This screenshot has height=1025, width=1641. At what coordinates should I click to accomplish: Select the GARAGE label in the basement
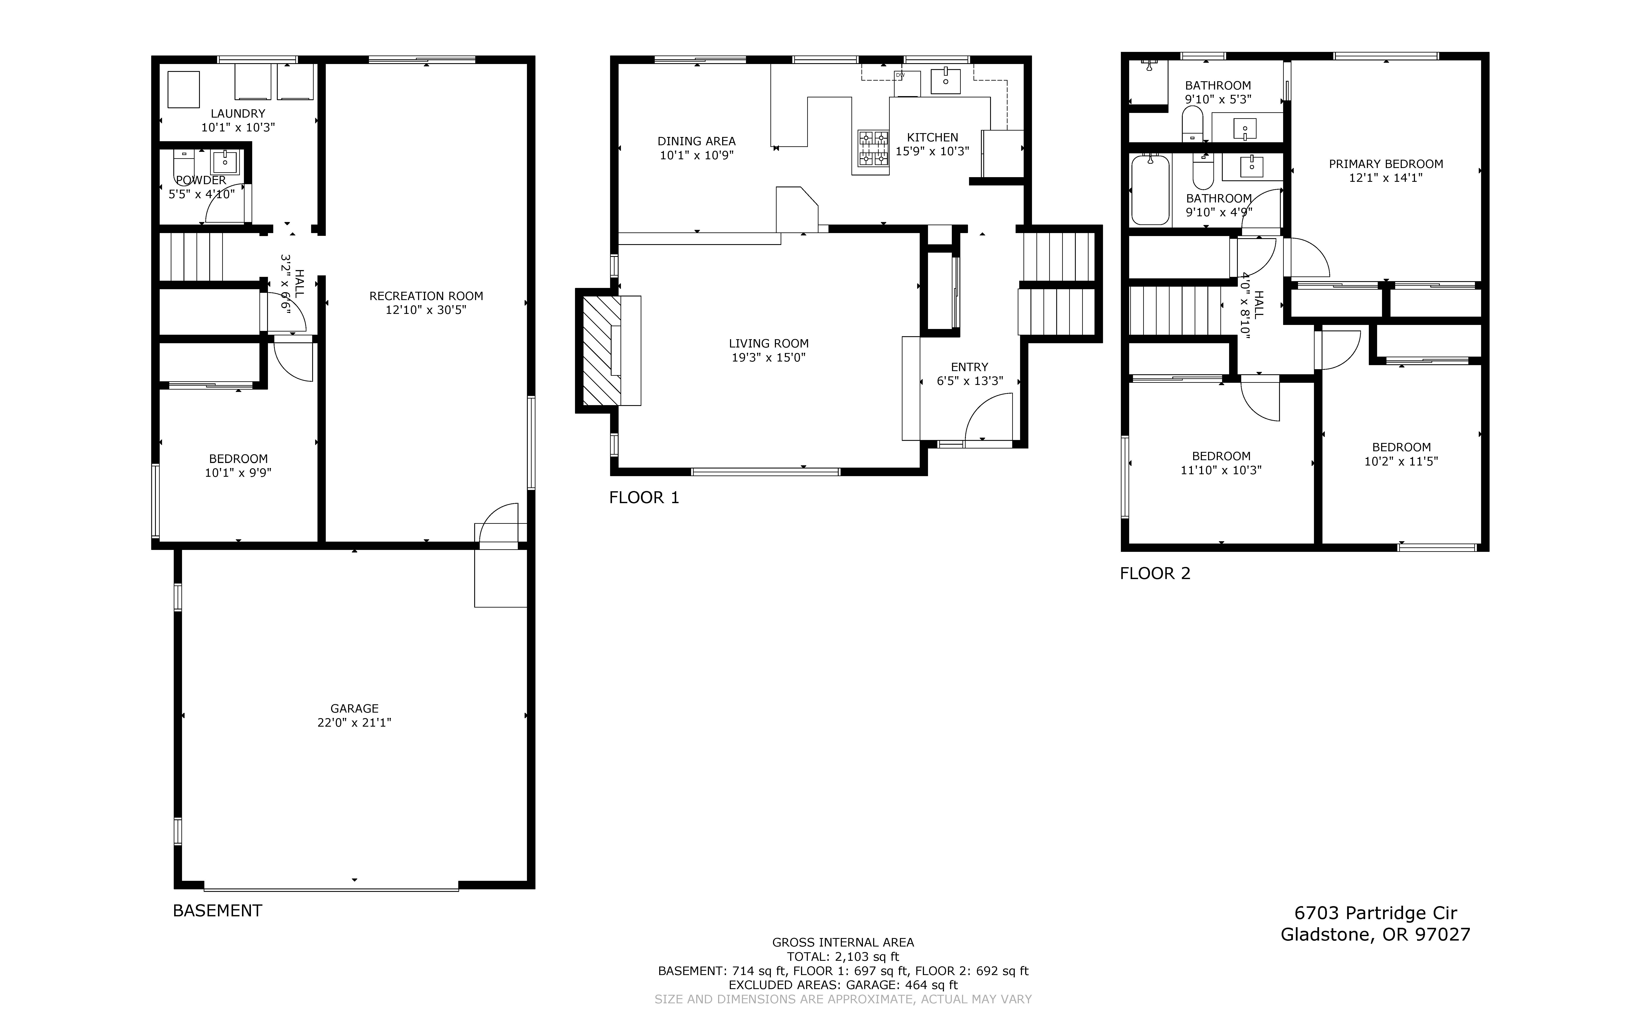click(354, 708)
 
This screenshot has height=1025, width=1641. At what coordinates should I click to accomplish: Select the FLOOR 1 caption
click(644, 498)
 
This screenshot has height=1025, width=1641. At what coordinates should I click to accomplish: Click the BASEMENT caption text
click(218, 910)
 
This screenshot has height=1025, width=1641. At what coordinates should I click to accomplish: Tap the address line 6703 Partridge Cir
click(1375, 913)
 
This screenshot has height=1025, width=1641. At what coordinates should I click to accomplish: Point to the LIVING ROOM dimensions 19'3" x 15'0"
click(769, 357)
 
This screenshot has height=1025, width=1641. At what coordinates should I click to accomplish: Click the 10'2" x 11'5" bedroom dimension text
click(1401, 461)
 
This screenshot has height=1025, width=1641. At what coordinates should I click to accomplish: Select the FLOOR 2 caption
click(1155, 574)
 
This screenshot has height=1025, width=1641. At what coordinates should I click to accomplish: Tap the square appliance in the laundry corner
click(184, 90)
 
